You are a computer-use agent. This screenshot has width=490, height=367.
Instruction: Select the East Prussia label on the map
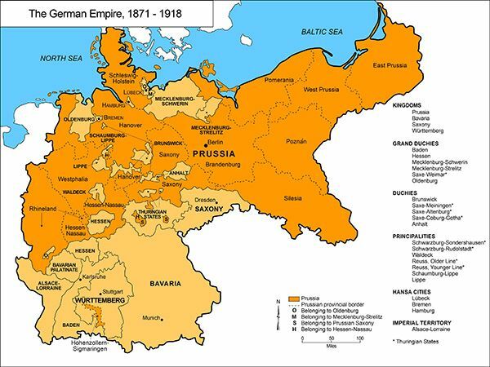pos(391,65)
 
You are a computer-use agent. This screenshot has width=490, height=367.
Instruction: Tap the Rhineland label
pos(42,209)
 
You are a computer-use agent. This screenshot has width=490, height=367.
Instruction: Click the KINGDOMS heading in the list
pos(408,105)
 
